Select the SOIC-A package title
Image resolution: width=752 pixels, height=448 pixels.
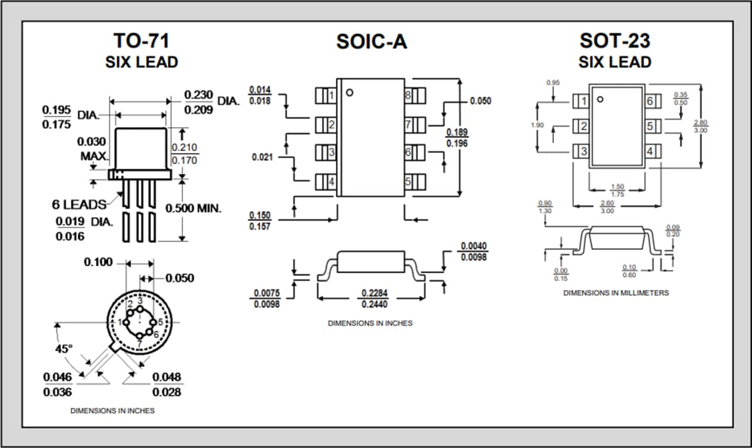tap(372, 41)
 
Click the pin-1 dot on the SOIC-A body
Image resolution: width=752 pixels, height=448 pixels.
tap(350, 93)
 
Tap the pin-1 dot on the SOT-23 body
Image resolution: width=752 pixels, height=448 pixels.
tap(600, 99)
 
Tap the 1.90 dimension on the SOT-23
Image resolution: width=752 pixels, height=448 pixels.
tap(537, 125)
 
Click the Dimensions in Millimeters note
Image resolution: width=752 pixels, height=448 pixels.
tap(615, 293)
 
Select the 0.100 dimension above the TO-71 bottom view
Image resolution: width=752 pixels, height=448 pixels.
tap(98, 261)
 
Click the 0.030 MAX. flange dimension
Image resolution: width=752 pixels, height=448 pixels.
tap(91, 148)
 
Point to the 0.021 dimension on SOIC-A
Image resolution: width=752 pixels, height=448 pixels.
tap(261, 157)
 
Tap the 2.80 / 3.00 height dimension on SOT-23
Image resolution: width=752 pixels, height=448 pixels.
tap(700, 126)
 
